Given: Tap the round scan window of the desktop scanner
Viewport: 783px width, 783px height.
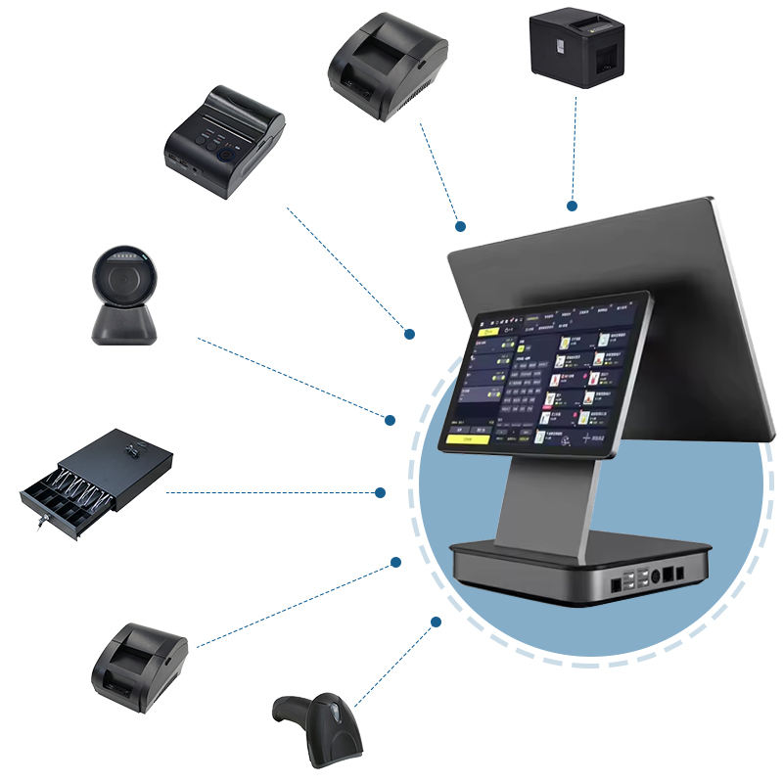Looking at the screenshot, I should [123, 273].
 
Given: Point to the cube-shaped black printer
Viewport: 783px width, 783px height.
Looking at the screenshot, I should [576, 48].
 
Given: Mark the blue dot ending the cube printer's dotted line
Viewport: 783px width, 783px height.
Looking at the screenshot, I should [572, 206].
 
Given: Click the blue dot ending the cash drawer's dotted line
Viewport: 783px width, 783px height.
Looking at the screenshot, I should [381, 492].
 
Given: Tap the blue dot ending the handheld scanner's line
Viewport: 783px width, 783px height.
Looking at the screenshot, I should [436, 621].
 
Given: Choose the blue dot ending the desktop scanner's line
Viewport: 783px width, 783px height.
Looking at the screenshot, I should [390, 420].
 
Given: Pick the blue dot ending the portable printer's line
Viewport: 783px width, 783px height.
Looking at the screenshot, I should [410, 335].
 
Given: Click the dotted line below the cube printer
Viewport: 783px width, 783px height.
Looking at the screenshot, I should [575, 147].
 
